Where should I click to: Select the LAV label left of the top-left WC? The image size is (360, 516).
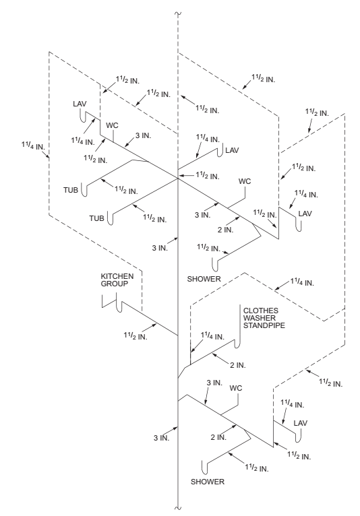(x=81, y=104)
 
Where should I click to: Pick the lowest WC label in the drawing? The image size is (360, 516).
(x=236, y=388)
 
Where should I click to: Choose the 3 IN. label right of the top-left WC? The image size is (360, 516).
(x=142, y=136)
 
